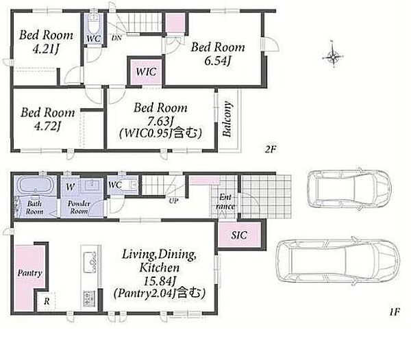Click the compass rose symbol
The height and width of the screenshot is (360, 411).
333,55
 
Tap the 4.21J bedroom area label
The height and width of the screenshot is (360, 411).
45,49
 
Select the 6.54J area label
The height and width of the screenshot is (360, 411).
217,61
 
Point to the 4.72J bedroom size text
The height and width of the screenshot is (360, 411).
47,126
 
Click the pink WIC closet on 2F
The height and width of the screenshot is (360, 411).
146,71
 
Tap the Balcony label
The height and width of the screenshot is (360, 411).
227,119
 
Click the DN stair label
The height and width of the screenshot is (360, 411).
116,38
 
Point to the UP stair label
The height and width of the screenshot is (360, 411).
173,201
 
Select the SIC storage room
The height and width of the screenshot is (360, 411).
239,235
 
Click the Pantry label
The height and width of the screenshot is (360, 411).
29,273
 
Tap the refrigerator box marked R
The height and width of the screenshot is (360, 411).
46,301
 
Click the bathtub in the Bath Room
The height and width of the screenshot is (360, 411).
36,185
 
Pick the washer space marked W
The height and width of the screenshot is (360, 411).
71,187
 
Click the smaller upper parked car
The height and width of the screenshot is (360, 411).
349,189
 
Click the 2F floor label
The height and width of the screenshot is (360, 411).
271,149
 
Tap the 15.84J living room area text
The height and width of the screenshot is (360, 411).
160,281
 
